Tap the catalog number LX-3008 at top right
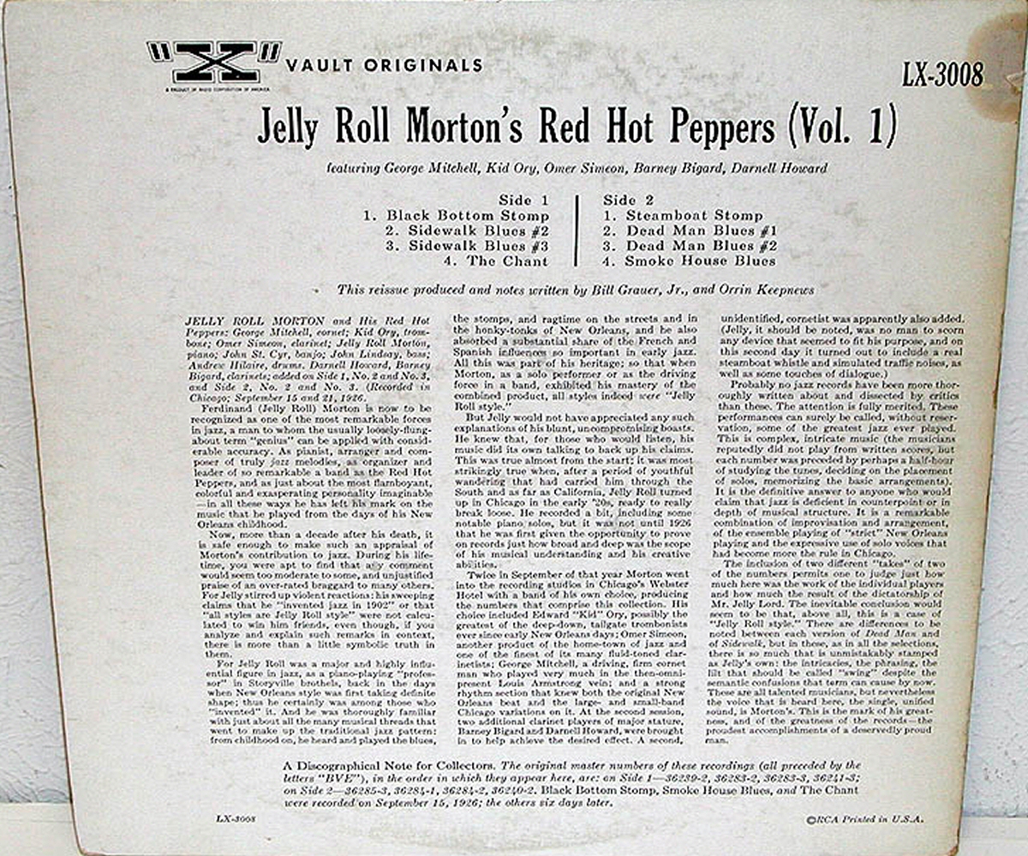point(942,75)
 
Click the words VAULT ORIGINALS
point(385,66)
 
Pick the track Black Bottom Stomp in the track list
point(467,216)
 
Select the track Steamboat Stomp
point(693,216)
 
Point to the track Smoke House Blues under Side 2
point(700,260)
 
